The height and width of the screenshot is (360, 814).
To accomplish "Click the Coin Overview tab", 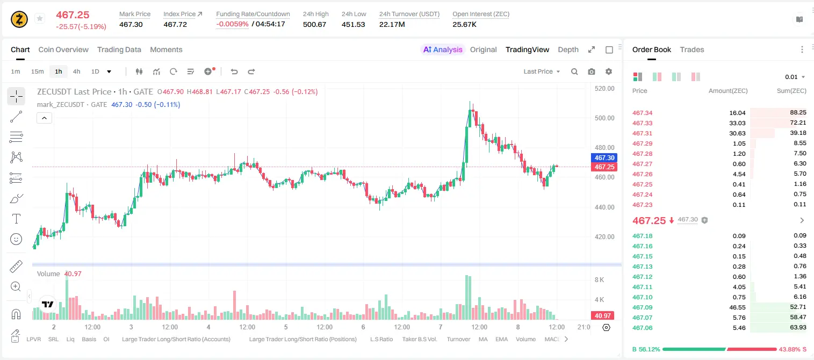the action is click(x=63, y=49).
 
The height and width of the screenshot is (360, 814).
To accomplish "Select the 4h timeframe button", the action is click(x=76, y=71).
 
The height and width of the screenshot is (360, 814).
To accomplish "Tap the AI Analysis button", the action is click(x=443, y=49).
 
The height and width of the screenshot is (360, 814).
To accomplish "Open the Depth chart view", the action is click(x=568, y=49).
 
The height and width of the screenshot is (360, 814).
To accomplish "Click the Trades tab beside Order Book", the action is click(x=692, y=49).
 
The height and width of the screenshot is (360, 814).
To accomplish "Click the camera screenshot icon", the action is click(x=592, y=71).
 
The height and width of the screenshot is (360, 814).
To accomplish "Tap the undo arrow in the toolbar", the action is click(x=234, y=71).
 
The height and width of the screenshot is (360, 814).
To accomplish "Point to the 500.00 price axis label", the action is click(x=604, y=118).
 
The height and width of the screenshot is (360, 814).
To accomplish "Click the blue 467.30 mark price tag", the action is click(x=604, y=157).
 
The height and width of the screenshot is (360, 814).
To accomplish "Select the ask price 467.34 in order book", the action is click(x=642, y=113).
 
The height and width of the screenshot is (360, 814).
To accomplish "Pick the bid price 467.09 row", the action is click(x=642, y=307).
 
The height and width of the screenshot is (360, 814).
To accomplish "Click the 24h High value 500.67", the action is click(x=314, y=24).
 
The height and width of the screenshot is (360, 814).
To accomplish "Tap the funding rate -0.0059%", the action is click(x=232, y=24).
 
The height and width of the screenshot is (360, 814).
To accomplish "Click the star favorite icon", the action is click(x=40, y=18).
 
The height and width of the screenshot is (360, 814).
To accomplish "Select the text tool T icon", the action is click(x=16, y=219).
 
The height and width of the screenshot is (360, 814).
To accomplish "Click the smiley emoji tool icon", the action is click(x=16, y=239).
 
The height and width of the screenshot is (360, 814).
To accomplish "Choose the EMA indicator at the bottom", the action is click(x=501, y=339).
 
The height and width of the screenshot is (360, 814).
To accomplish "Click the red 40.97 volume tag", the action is click(x=602, y=316).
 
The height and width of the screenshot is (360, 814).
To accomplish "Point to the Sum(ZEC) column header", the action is click(x=791, y=91).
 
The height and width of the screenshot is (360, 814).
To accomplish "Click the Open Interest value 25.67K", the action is click(x=464, y=24).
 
